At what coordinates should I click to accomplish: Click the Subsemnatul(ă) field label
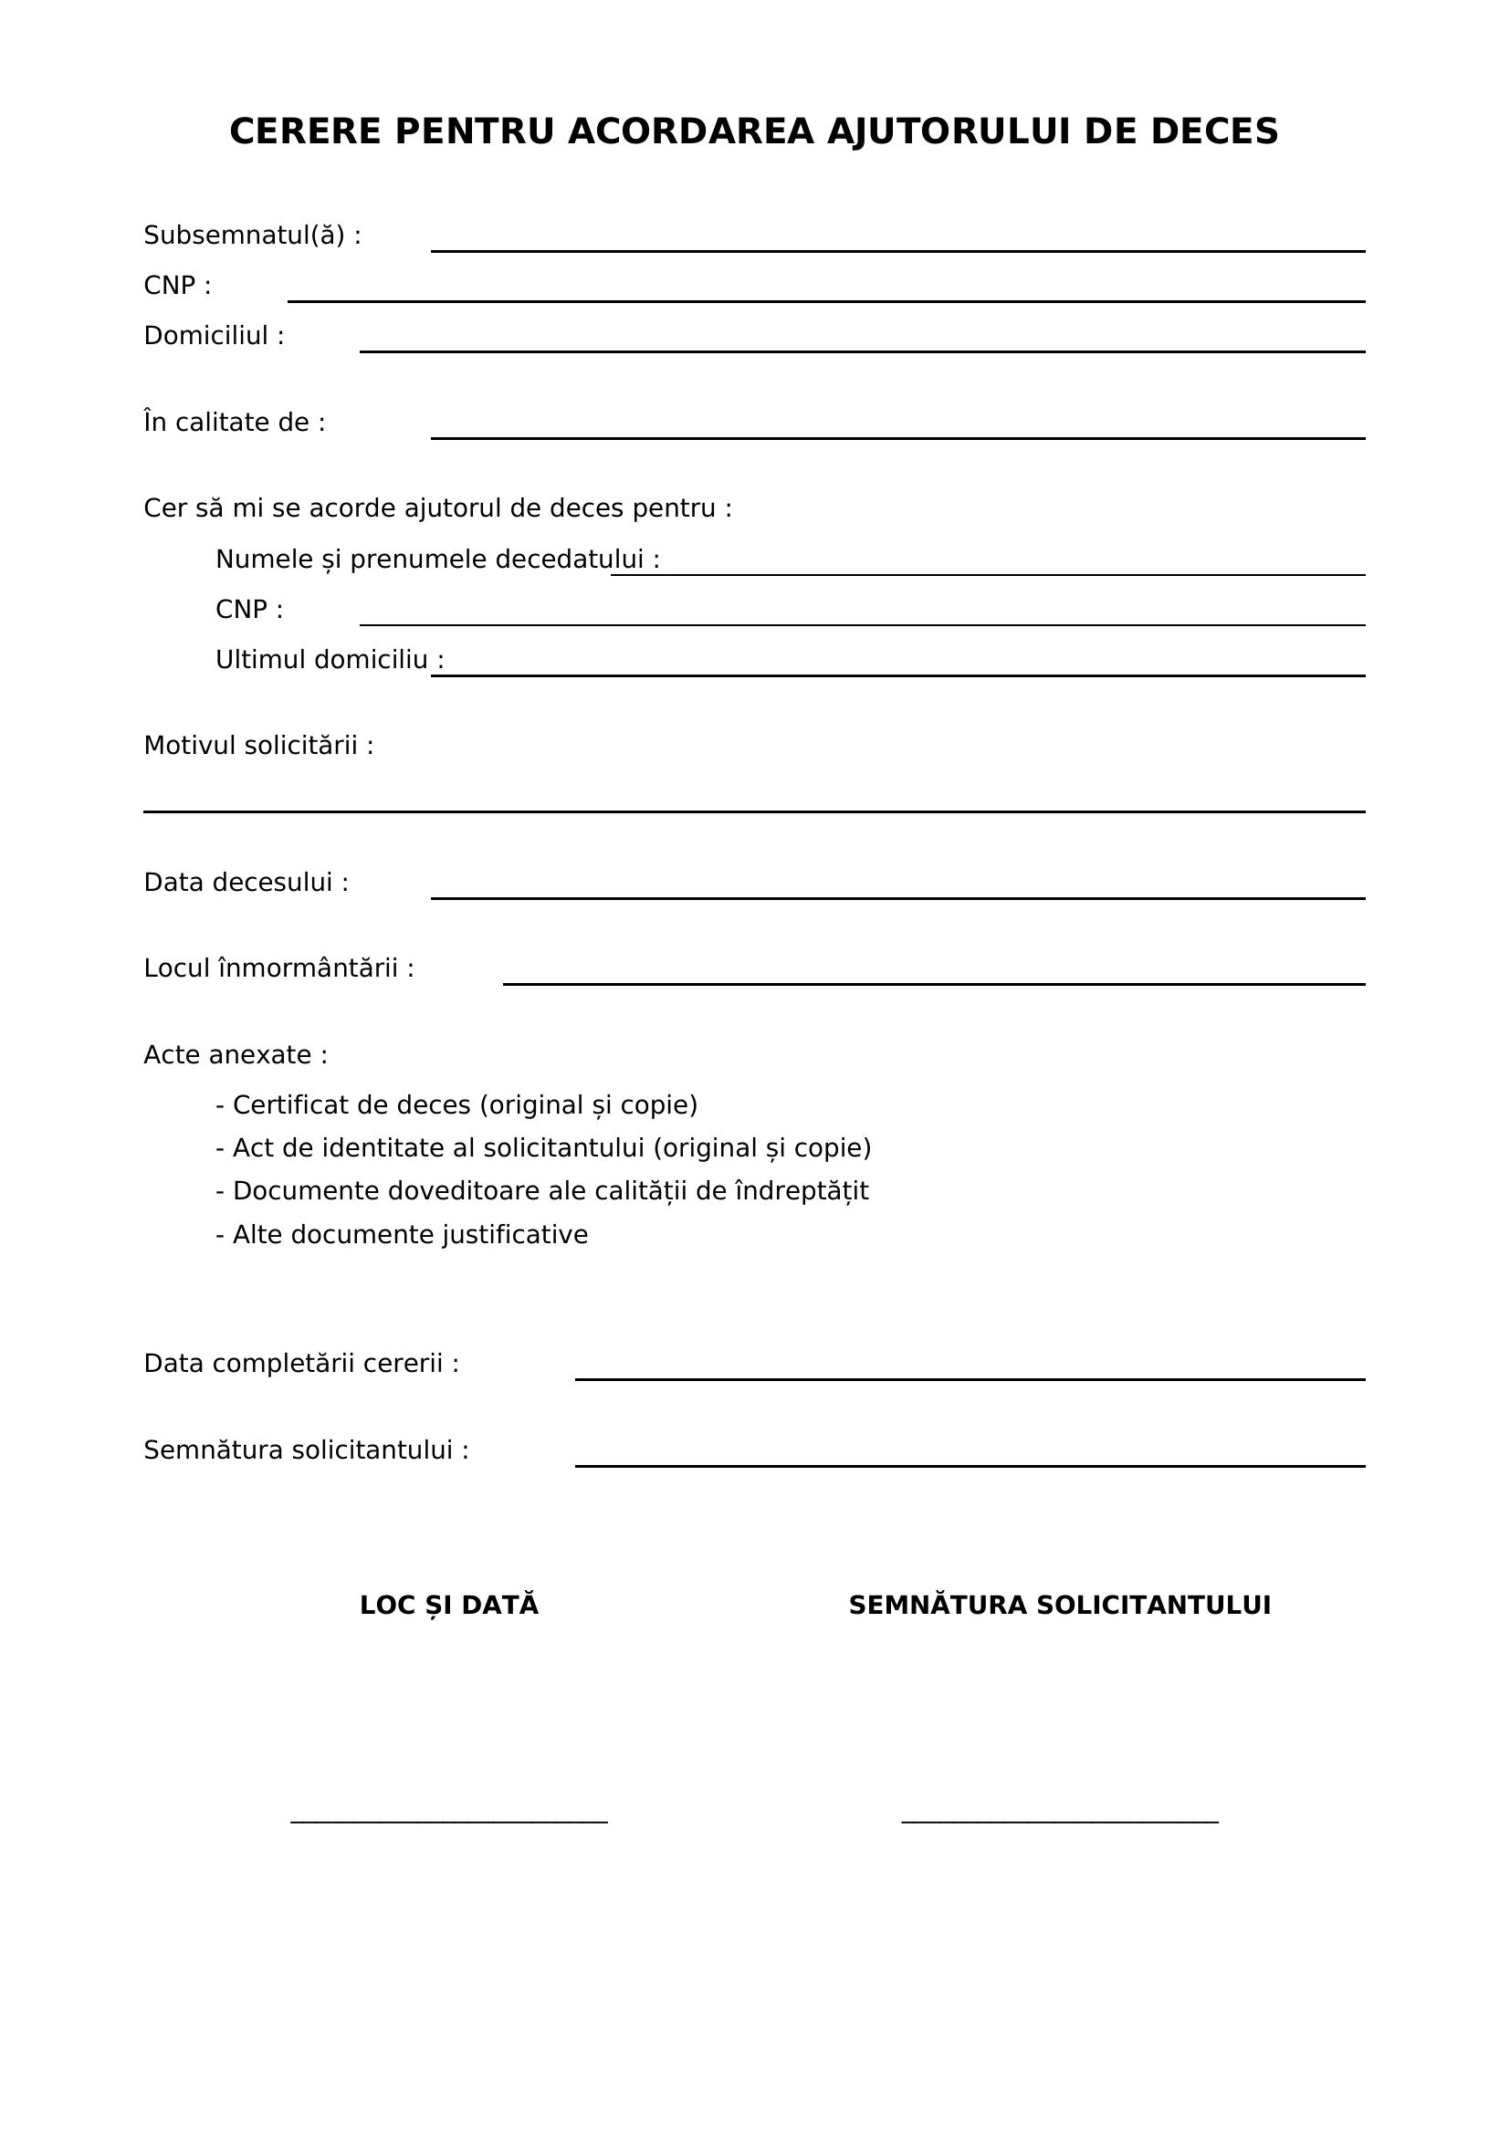(x=252, y=236)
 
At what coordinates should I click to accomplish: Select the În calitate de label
(x=235, y=424)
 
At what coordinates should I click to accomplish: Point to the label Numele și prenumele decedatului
(x=437, y=560)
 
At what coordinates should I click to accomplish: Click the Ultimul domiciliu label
(x=330, y=660)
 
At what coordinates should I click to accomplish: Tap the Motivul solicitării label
(x=258, y=747)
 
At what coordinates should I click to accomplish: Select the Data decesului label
(x=246, y=884)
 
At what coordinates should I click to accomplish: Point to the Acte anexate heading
(x=236, y=1055)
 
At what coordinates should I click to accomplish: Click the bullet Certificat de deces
(x=456, y=1105)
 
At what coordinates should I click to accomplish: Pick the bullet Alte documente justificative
(x=402, y=1236)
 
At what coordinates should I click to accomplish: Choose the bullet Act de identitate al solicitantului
(x=543, y=1149)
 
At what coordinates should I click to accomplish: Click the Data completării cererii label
(x=301, y=1364)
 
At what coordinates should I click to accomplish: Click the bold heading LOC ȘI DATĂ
(x=449, y=1606)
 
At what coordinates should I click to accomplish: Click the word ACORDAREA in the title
(x=691, y=132)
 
